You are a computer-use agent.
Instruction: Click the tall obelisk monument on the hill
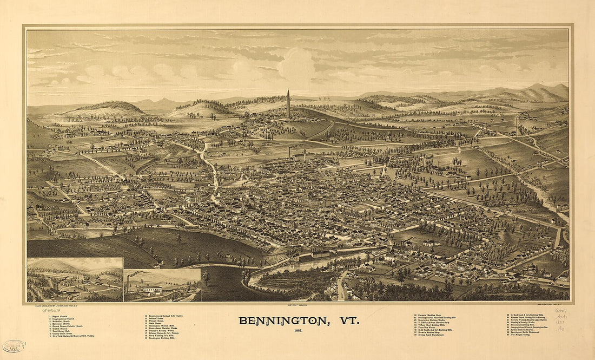(x=288, y=104)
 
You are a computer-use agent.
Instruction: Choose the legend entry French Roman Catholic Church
(x=69, y=326)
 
